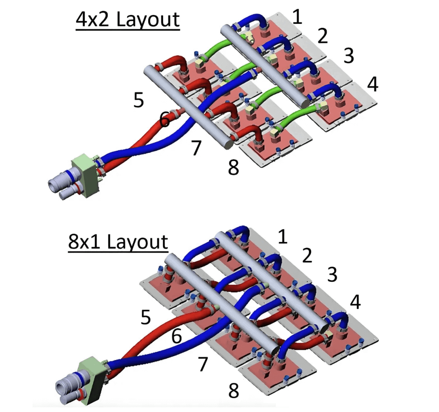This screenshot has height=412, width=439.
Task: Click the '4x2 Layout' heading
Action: [x=127, y=20]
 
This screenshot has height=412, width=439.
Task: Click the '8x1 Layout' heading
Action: [x=118, y=242]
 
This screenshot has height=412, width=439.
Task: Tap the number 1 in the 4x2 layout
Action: [x=297, y=17]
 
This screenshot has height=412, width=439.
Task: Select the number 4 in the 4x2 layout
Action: [x=372, y=84]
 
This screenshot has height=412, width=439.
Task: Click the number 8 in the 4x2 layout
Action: [x=233, y=169]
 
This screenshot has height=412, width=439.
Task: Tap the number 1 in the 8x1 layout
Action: [x=282, y=237]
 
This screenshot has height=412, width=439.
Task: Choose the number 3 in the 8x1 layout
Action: [x=332, y=275]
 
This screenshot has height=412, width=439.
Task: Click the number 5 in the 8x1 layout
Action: [x=145, y=317]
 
